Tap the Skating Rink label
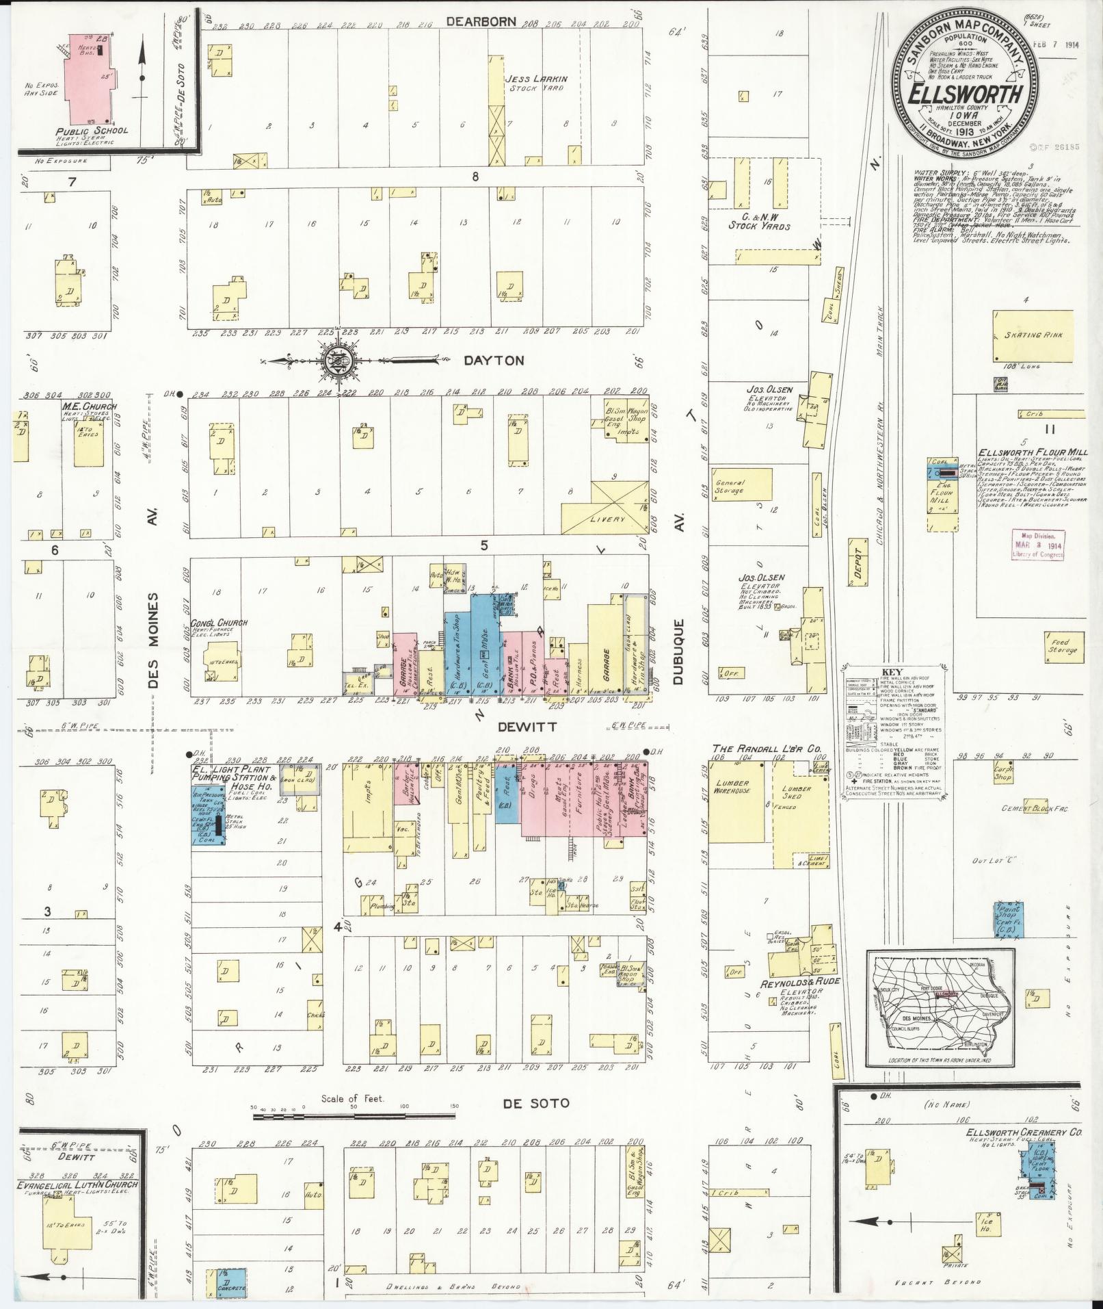coord(1032,335)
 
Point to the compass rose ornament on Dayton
coord(337,359)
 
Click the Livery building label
coord(607,519)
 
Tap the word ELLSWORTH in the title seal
coord(965,94)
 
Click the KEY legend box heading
coord(888,672)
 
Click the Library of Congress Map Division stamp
coord(1038,546)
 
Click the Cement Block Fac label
coord(1034,809)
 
